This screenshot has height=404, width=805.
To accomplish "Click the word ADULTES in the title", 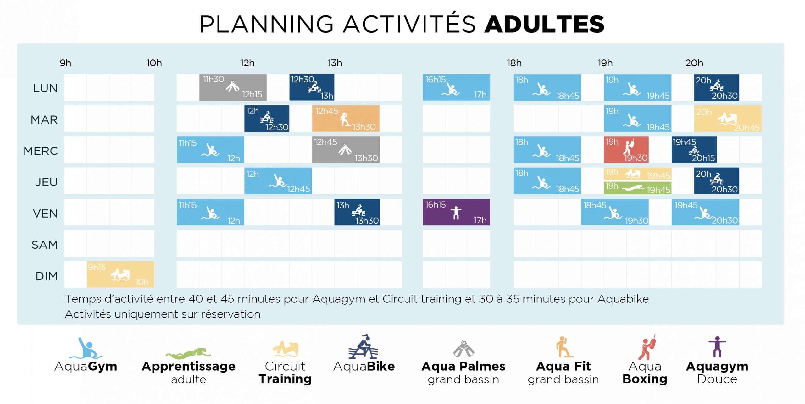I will tap(544, 24).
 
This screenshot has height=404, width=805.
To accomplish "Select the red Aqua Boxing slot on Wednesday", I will tap(626, 150).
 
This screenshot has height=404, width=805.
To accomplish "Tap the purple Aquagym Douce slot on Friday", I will tap(456, 212).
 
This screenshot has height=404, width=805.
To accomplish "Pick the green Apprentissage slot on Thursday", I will tap(637, 188).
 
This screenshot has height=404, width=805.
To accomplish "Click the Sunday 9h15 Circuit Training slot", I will tap(120, 274).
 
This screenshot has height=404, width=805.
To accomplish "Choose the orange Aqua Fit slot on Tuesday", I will tap(346, 119).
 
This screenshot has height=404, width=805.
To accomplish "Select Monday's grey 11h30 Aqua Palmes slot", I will tap(233, 87).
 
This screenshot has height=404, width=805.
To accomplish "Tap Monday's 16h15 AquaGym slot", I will tap(456, 87).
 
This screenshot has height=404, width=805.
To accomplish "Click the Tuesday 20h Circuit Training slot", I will tap(728, 119).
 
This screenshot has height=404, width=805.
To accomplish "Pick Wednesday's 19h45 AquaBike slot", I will tap(694, 150).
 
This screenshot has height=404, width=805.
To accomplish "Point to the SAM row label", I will tap(45, 245).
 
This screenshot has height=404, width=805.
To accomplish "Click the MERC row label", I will tap(41, 151).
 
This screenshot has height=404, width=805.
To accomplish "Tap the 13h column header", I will tap(335, 63).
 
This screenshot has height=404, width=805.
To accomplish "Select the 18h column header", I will tap(514, 63).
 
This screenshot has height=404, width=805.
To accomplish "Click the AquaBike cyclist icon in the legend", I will tap(363, 347).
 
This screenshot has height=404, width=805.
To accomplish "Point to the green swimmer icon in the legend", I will tap(188, 354).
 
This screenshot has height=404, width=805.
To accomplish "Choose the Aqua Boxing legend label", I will tap(645, 373).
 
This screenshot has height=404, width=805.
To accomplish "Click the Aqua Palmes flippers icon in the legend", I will tap(463, 349).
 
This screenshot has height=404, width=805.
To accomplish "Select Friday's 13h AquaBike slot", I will tap(357, 212).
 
